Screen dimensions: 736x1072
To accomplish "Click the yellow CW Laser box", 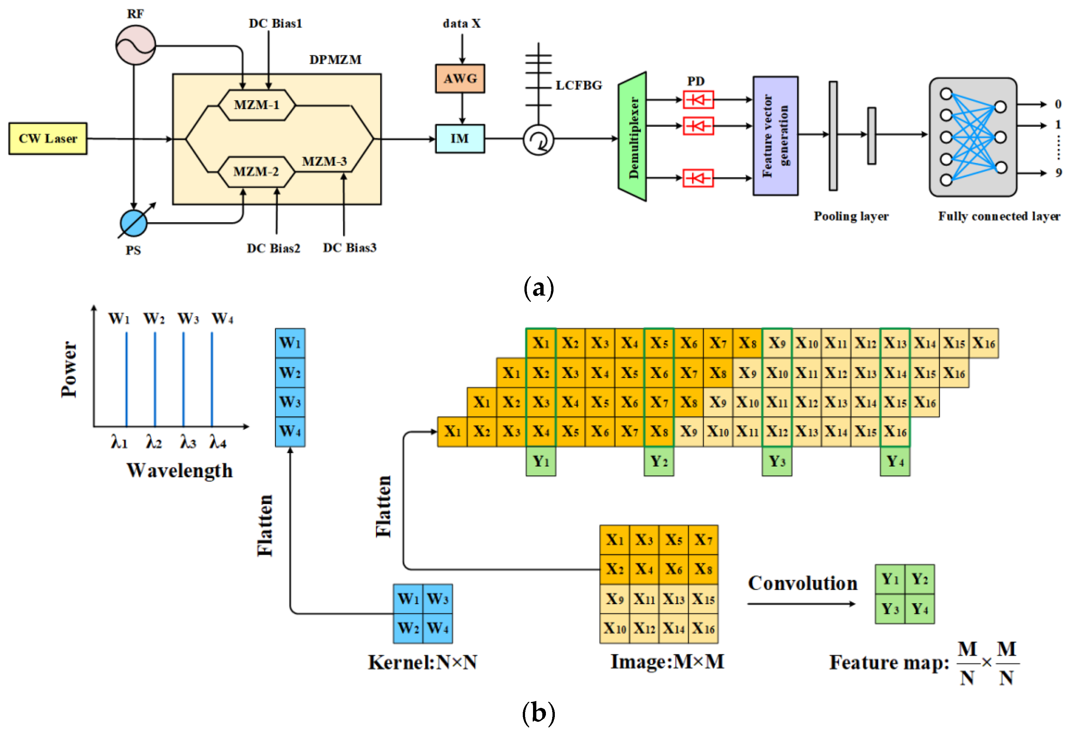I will tap(48, 138).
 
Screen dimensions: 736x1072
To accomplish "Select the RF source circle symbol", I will tap(135, 45).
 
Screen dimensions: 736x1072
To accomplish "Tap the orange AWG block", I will tap(460, 78).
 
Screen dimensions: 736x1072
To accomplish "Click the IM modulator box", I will tap(460, 138).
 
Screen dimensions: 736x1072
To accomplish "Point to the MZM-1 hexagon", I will tap(257, 105).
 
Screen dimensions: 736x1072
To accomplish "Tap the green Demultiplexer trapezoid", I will tap(633, 137).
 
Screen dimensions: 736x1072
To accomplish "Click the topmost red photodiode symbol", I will tap(698, 100).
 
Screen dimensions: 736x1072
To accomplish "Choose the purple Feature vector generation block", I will tap(775, 136).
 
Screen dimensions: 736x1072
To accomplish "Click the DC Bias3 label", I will tap(349, 248).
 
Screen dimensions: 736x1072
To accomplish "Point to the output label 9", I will tap(1058, 173).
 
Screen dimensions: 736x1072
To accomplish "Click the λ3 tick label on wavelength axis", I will tap(188, 443).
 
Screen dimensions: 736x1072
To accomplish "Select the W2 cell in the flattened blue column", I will tap(290, 372).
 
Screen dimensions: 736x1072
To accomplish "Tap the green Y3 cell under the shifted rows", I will tap(777, 461).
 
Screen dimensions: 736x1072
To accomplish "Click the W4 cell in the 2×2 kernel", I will tap(437, 628).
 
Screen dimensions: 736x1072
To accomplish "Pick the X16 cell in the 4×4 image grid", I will tap(703, 628).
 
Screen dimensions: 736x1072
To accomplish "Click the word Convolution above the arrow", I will tap(802, 583).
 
